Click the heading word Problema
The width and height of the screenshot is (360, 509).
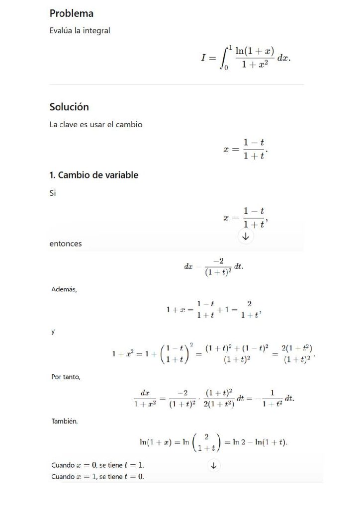72,13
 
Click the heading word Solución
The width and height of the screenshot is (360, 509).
69,107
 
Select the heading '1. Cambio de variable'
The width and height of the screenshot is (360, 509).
93,175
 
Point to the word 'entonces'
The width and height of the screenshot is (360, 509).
66,244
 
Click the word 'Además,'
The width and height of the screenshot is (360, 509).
64,289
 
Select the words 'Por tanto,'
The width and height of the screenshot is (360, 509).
66,377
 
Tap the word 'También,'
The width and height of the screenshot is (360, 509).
65,422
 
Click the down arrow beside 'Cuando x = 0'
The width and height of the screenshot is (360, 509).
214,466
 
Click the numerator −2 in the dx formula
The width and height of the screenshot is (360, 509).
219,261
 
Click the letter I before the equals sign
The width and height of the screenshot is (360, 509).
203,58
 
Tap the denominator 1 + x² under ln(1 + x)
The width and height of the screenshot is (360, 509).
255,65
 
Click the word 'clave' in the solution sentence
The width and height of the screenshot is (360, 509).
69,125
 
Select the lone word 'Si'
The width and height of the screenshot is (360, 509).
53,193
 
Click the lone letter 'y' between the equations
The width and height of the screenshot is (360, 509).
53,332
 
